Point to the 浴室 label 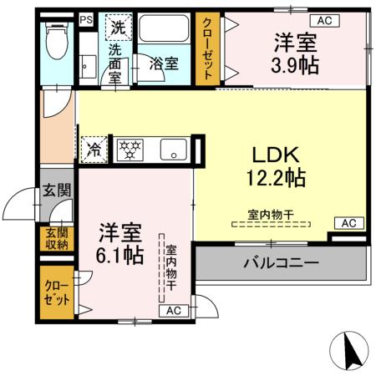tap(162, 62)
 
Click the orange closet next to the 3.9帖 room tap(206, 48)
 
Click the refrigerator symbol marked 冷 tap(93, 150)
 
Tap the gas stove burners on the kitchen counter tap(130, 150)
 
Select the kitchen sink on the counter tap(173, 150)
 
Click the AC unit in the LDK tap(349, 223)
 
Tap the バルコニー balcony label tap(281, 262)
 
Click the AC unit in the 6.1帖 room tap(174, 311)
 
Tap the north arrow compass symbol tap(354, 351)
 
